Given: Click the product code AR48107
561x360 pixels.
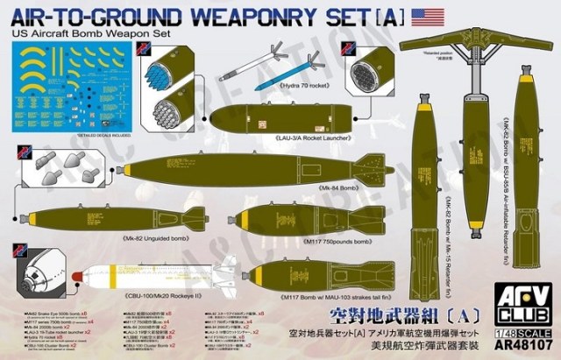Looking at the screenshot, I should coord(525,345).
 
